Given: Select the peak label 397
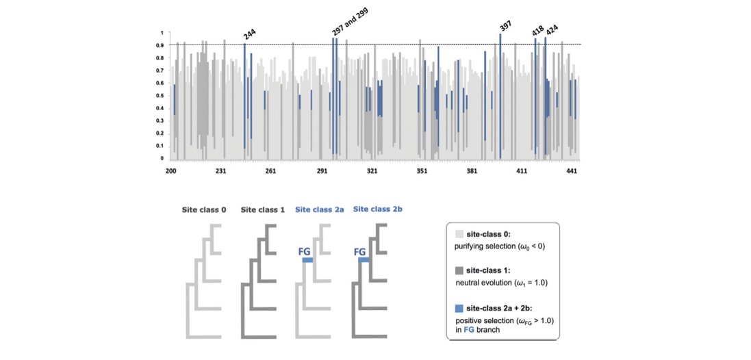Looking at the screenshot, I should click(x=505, y=25).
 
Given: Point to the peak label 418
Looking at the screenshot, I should click(x=538, y=31).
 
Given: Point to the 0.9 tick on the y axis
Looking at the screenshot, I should click(x=161, y=45).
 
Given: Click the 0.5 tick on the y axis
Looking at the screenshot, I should click(x=161, y=96).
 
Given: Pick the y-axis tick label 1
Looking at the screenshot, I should click(x=162, y=33).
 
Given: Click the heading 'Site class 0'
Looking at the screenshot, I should click(x=204, y=209).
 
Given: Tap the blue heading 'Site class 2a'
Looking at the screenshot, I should click(x=319, y=209).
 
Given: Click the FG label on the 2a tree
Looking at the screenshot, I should click(x=305, y=251).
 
